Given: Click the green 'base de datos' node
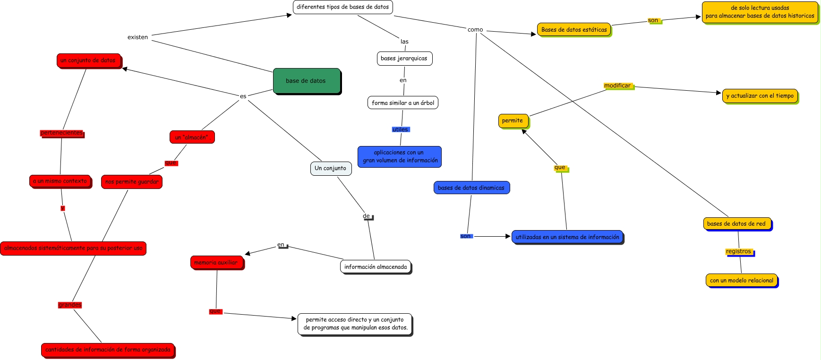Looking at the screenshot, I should coord(306,81).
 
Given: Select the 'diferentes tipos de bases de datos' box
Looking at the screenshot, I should coord(342,7).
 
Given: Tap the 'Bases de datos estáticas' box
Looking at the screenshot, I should coord(573,30).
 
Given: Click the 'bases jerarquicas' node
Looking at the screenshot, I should coord(404,59).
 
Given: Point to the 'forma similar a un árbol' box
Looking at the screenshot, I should coord(402,103).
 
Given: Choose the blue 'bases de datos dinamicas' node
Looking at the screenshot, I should coord(471,188).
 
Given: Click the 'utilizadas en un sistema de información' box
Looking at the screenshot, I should coord(567,237).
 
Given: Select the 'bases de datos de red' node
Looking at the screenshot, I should coord(736,224).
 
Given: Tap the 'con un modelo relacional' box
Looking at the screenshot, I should coord(741,281).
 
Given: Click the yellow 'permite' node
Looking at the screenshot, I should coord(513,121).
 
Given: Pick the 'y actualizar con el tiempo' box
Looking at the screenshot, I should coord(760,96).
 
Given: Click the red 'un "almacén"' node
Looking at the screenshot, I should coord(192,137).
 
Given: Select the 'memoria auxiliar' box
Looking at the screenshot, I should coord(216,263).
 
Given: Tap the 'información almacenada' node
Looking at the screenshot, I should coord(375,267).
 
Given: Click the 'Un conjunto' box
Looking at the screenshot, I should coord(330,168).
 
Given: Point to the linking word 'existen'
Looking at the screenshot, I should coord(137,37).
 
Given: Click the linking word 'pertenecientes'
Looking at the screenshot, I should coord(61,133).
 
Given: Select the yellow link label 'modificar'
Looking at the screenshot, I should coord(617,86).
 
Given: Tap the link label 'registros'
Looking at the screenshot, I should coord(738,252).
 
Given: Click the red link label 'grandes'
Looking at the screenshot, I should coord(70,305).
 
